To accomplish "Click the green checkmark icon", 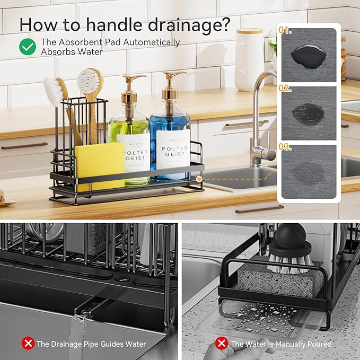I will pos(28,47).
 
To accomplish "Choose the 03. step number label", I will pos(285,147).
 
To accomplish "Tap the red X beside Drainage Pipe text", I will pos(28,344).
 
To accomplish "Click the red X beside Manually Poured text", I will pos(222,344).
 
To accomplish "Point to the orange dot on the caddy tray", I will pos(199,179).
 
